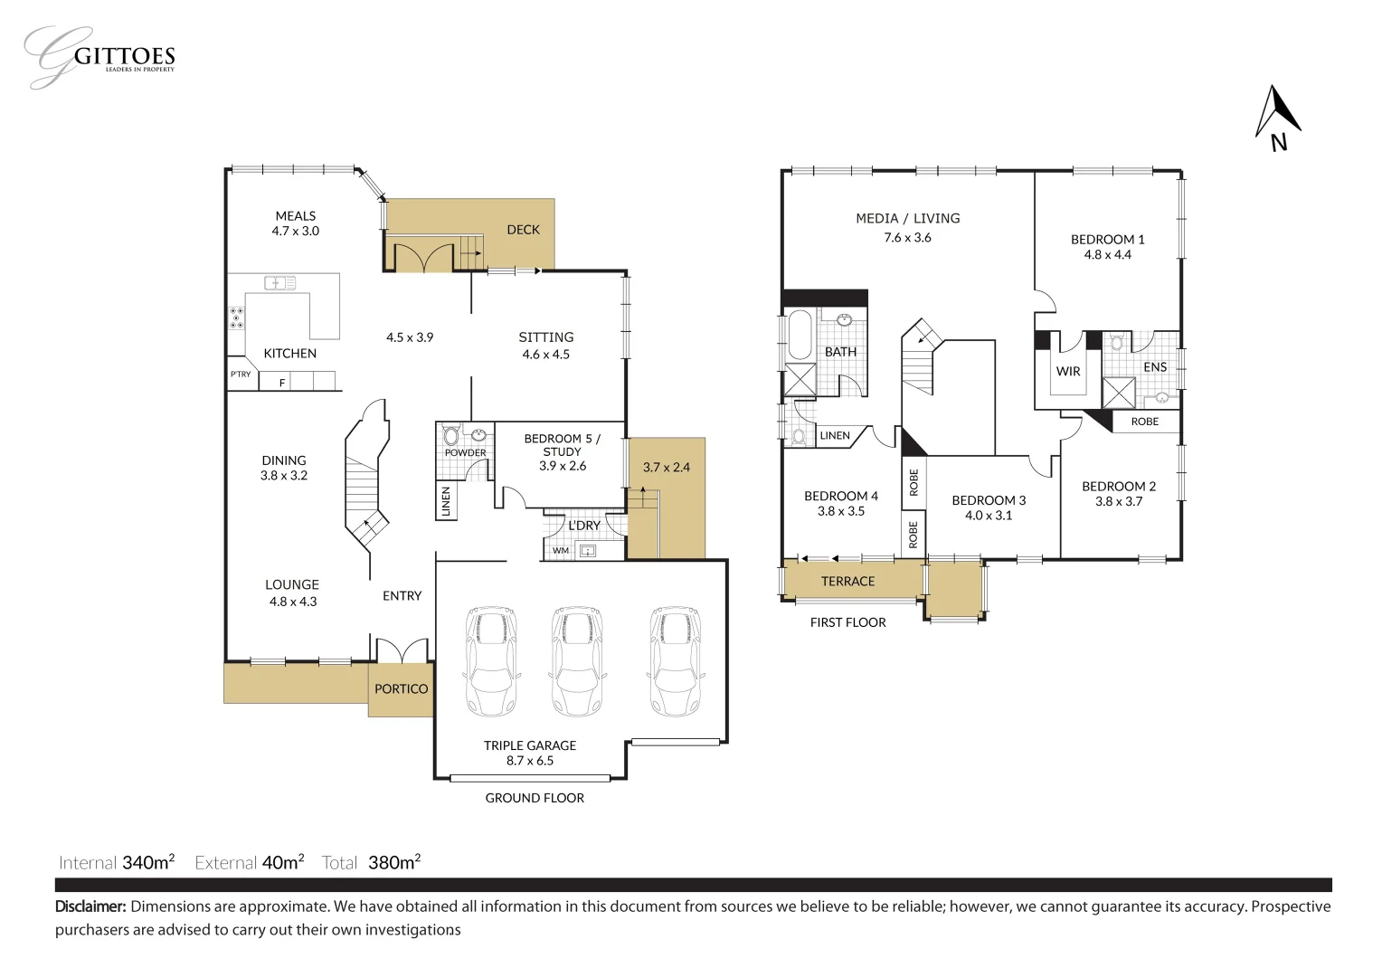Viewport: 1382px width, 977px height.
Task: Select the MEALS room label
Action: pyautogui.click(x=296, y=216)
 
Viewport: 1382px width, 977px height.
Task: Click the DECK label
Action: pyautogui.click(x=523, y=230)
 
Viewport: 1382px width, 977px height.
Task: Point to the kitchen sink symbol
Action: pyautogui.click(x=279, y=283)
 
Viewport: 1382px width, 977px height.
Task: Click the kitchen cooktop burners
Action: pyautogui.click(x=236, y=318)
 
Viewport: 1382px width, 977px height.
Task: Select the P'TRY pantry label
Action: pyautogui.click(x=241, y=375)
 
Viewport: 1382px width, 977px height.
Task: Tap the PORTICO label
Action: pyautogui.click(x=402, y=689)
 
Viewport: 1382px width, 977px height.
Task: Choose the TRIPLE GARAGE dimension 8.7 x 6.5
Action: pyautogui.click(x=530, y=761)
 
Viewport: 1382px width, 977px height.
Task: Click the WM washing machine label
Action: pyautogui.click(x=560, y=550)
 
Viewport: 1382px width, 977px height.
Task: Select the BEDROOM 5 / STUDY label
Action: pyautogui.click(x=562, y=445)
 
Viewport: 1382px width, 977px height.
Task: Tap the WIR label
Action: pyautogui.click(x=1068, y=371)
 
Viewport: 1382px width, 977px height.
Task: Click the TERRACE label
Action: pyautogui.click(x=847, y=582)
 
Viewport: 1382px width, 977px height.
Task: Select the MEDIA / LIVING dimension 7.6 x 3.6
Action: pyautogui.click(x=907, y=238)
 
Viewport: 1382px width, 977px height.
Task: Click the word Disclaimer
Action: pyautogui.click(x=91, y=906)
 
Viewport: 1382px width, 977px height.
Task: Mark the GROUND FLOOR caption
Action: pyautogui.click(x=535, y=798)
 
